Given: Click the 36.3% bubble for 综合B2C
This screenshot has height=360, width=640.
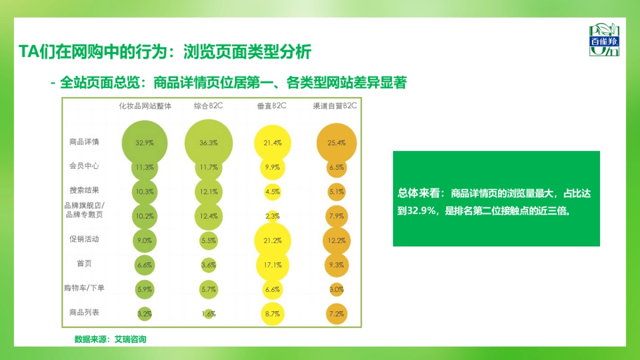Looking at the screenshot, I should pos(209,143).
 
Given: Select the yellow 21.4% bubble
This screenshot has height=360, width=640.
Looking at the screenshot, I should pos(273,143).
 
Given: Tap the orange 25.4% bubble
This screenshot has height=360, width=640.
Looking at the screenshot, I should pos(337,143).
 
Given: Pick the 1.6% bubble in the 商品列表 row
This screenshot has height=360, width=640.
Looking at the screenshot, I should pos(209,314).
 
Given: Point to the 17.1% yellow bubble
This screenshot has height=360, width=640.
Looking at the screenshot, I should pos(273,265).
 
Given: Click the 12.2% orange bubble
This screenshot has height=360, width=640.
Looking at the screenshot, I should pos(337,241).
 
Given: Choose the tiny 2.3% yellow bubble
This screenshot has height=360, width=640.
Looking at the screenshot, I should pos(273,216).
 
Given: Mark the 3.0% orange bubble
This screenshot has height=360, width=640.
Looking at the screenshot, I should pos(337,290).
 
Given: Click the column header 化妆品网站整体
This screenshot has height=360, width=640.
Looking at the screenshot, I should pos(145,106).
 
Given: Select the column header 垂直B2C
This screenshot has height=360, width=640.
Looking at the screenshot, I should pos(271,106).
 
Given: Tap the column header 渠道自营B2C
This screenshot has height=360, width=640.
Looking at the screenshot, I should pos(335,106).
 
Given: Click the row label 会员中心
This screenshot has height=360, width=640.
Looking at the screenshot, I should pos(84,166).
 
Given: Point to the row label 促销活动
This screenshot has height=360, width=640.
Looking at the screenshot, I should pos(84,239).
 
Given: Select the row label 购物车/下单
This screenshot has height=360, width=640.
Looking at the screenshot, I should pos(84,288).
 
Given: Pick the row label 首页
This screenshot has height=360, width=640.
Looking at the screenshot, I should pos(84,263).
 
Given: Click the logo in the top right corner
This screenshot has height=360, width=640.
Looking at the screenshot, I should pos(604,40).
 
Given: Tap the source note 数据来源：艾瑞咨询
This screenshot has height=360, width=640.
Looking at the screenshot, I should pos(110,339).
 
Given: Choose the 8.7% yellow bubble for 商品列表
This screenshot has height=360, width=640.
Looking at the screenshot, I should pos(273,314).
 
